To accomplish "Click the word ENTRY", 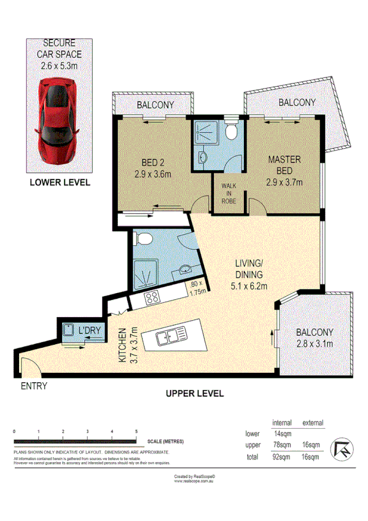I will pos(34,386).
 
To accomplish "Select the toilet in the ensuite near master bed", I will pos(232,132).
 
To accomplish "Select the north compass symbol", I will pos(340,449).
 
